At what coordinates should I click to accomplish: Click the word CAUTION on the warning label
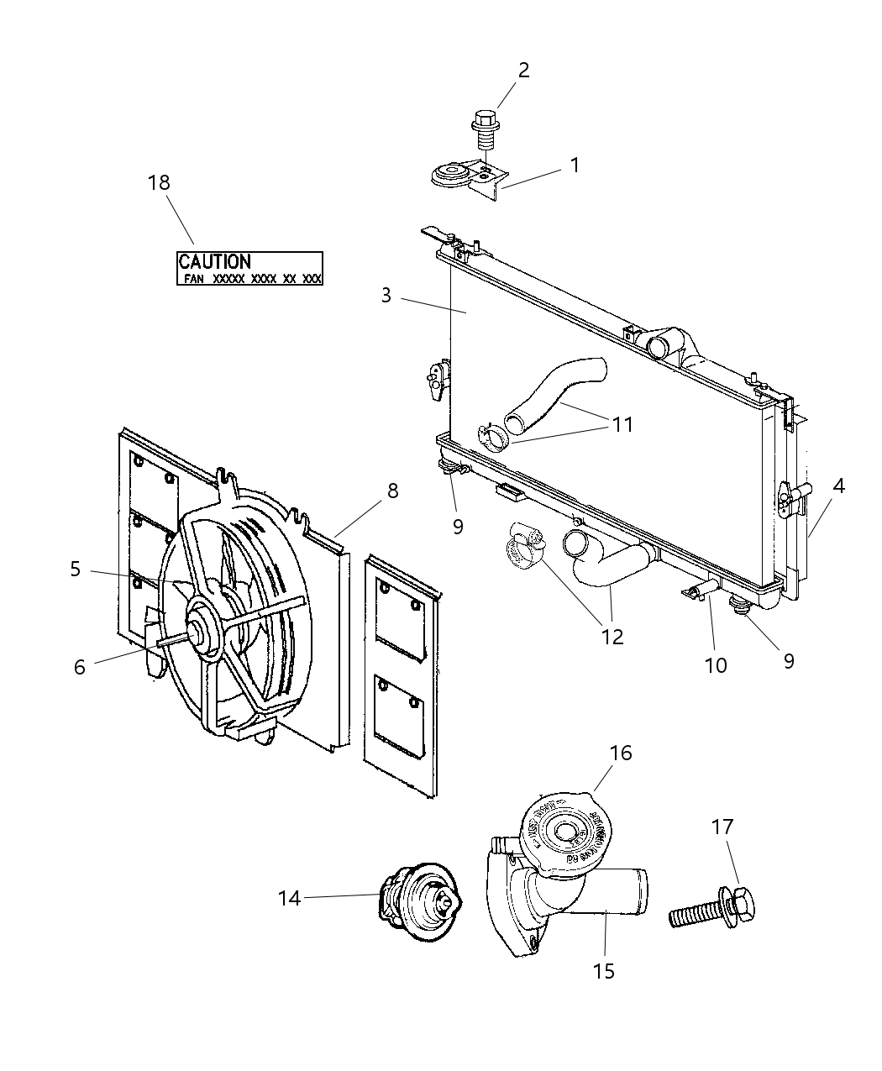(x=214, y=262)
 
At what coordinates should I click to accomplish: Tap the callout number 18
(x=159, y=182)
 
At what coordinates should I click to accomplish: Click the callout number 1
(x=575, y=165)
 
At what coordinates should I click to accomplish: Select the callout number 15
(x=603, y=971)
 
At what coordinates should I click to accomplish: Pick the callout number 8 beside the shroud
(x=392, y=491)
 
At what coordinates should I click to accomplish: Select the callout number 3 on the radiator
(x=386, y=296)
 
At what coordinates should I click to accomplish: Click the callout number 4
(x=838, y=486)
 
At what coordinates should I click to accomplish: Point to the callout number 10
(x=716, y=665)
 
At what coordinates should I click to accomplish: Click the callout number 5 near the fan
(x=76, y=570)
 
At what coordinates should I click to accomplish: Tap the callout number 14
(x=289, y=898)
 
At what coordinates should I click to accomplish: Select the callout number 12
(x=612, y=636)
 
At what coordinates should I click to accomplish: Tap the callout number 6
(x=80, y=667)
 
